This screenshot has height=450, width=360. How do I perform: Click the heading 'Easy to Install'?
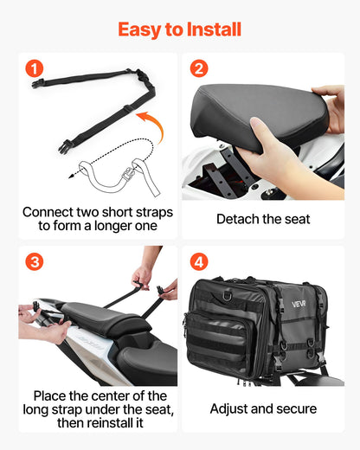pos(179,29)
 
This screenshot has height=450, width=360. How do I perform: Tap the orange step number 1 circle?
pos(34,68)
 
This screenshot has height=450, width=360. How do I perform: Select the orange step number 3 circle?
pos(34,260)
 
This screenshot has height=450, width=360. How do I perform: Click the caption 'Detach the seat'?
pos(263,219)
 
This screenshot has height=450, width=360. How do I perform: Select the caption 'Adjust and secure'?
pos(263,408)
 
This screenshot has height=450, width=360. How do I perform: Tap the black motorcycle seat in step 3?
pos(95,320)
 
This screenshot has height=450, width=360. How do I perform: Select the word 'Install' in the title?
pos(212,29)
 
